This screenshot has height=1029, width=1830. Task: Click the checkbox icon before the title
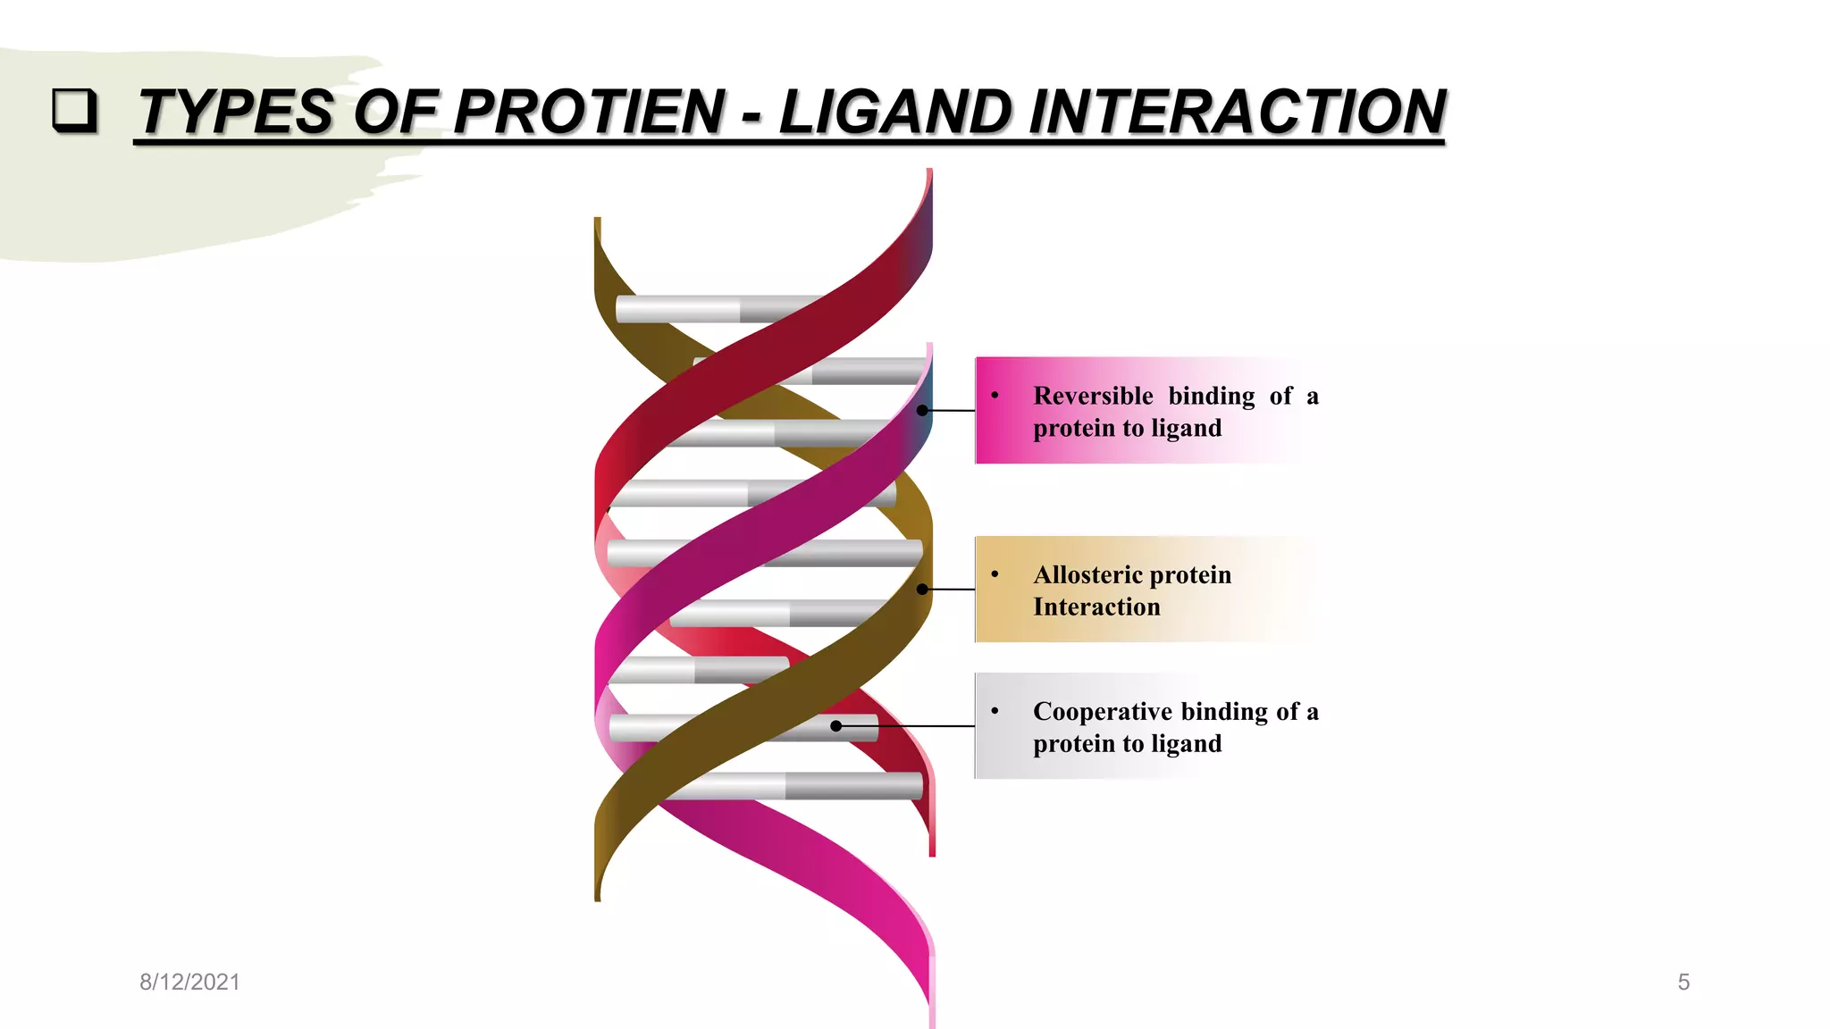(73, 110)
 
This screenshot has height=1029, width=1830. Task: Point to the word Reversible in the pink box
(1093, 396)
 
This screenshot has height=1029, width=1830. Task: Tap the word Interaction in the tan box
(1096, 607)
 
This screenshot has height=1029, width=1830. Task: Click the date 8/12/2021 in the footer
(189, 982)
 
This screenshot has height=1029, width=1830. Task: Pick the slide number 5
(1683, 982)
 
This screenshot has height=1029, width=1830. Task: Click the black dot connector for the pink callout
(922, 410)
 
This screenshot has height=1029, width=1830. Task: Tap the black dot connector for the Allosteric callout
(922, 590)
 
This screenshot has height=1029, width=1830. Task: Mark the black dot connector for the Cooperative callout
(836, 726)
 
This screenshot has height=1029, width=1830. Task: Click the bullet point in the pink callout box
(995, 395)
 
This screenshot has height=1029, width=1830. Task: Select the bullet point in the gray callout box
(995, 710)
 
